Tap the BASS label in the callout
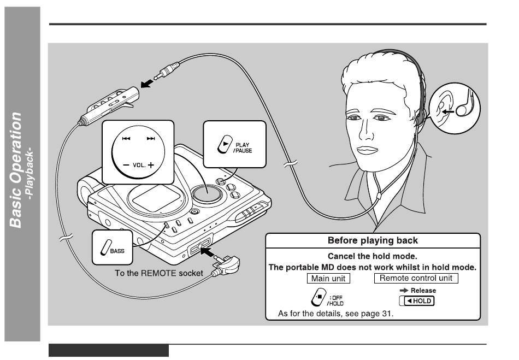pyautogui.click(x=117, y=251)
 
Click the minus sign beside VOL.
pyautogui.click(x=126, y=165)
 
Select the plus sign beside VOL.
pyautogui.click(x=151, y=165)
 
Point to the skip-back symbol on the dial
pyautogui.click(x=126, y=138)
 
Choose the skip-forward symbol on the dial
pyautogui.click(x=151, y=138)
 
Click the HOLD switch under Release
pyautogui.click(x=417, y=301)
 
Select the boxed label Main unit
pyautogui.click(x=328, y=278)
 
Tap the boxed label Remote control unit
pyautogui.click(x=416, y=278)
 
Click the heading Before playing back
pyautogui.click(x=373, y=240)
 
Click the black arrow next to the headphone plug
pyautogui.click(x=147, y=83)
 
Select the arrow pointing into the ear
pyautogui.click(x=448, y=111)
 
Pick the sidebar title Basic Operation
pyautogui.click(x=15, y=170)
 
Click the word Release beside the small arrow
pyautogui.click(x=423, y=291)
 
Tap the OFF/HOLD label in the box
pyautogui.click(x=335, y=300)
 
